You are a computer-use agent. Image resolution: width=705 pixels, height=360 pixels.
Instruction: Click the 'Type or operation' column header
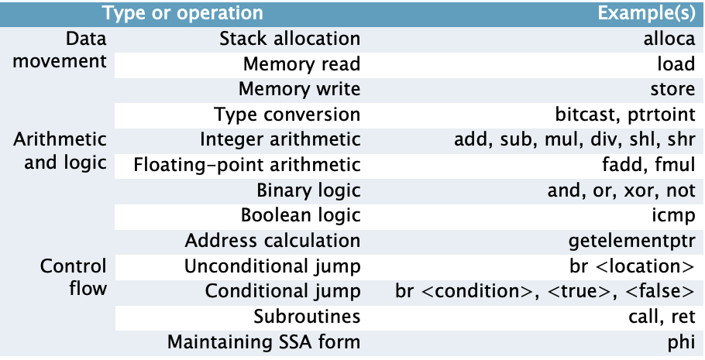[183, 13]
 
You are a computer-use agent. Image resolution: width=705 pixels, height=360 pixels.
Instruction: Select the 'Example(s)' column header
[646, 13]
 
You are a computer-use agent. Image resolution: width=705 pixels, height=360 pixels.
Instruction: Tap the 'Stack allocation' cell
[290, 39]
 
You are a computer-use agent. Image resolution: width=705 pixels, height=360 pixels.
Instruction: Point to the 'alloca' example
[669, 39]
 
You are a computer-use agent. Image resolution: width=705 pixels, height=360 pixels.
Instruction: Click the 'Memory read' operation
[301, 64]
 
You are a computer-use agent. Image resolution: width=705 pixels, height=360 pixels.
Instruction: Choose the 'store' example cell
[672, 90]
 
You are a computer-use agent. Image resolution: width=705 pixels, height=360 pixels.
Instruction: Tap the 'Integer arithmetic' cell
[280, 140]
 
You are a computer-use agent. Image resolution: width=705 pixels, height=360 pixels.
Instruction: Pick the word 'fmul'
[675, 165]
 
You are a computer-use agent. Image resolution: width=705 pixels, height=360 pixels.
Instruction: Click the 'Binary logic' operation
[308, 190]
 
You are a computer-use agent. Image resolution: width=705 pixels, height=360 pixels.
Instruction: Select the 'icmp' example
[673, 216]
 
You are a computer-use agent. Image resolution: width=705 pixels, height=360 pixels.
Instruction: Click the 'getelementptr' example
[631, 242]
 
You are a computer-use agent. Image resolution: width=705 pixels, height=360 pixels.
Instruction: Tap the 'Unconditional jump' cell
[272, 266]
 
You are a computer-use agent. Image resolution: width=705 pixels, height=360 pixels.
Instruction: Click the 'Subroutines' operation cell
[307, 317]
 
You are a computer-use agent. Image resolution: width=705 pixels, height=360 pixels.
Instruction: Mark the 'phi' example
[681, 342]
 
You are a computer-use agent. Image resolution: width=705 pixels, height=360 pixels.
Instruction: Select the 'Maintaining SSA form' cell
[263, 342]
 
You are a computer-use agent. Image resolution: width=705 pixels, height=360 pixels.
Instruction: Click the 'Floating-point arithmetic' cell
[247, 165]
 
